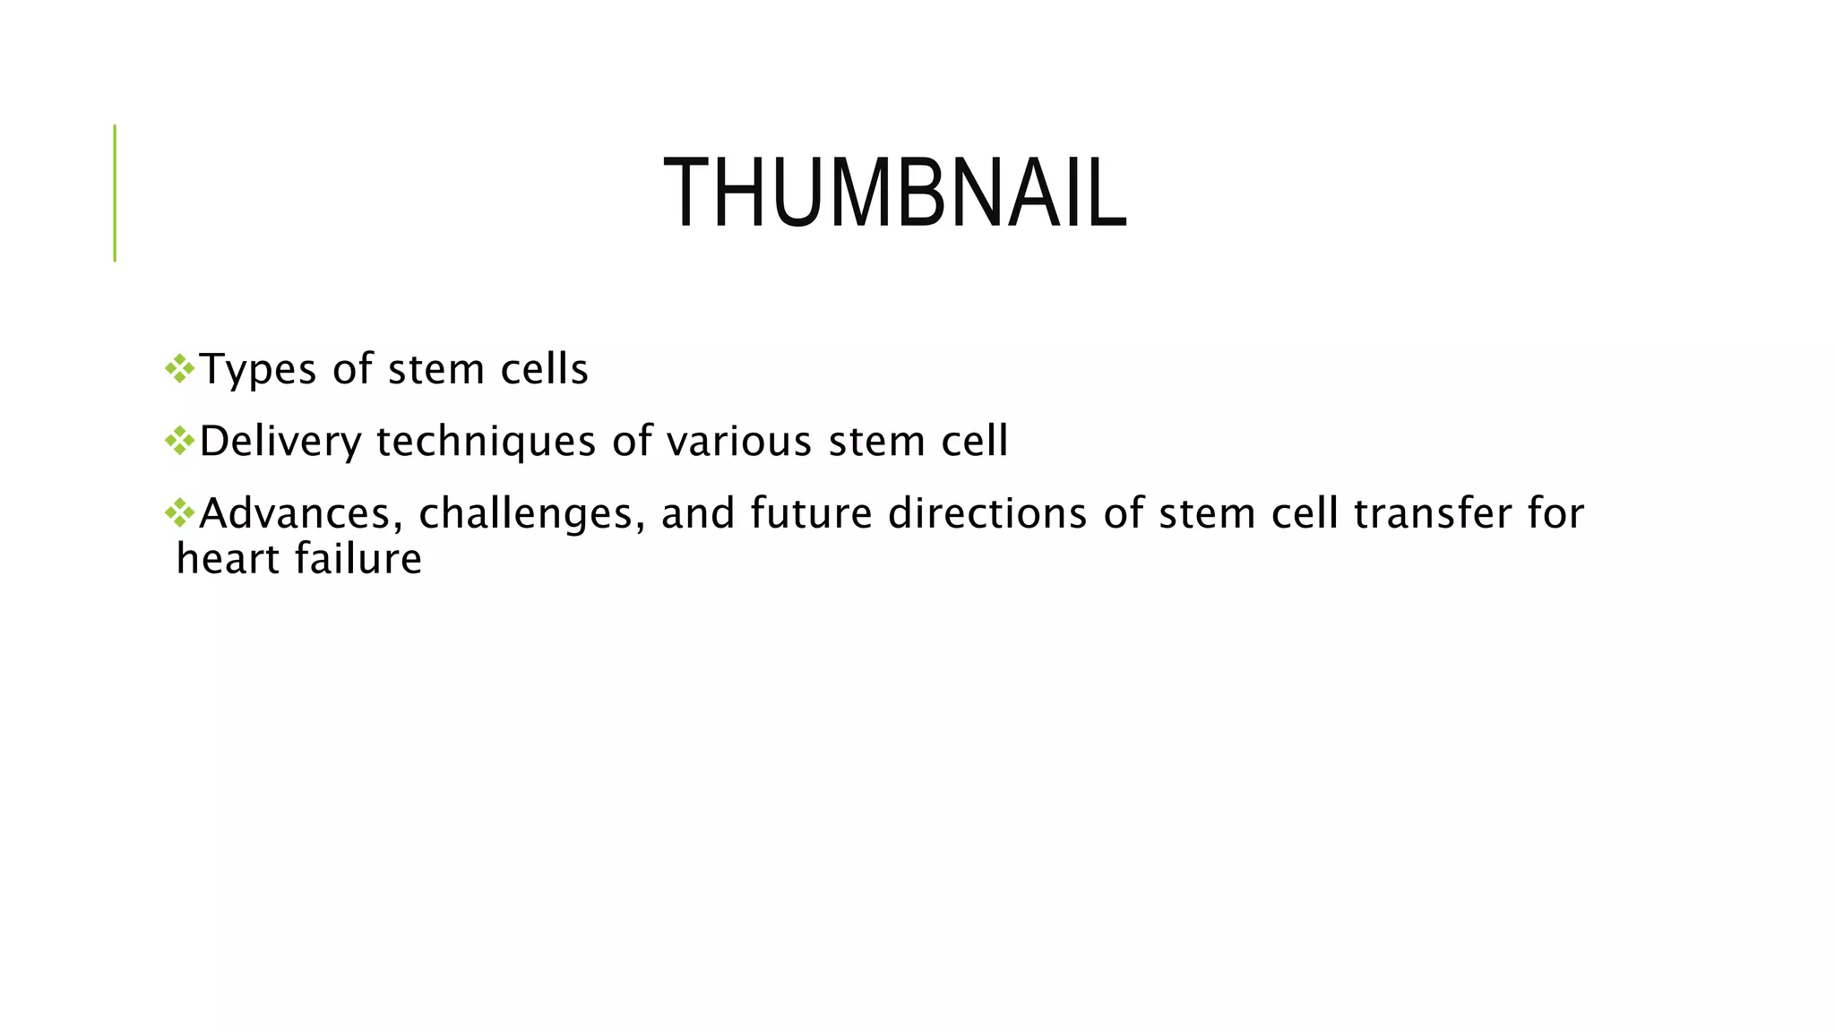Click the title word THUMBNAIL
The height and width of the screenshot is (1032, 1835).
(894, 193)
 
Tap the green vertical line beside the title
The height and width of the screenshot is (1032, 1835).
(115, 193)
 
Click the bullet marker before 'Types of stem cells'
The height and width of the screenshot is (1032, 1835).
(180, 368)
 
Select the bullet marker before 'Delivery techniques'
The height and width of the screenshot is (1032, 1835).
(180, 440)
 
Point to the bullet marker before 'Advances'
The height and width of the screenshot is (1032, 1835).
(180, 512)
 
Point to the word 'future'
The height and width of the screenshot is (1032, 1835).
(811, 514)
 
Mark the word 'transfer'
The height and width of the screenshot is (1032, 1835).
(1425, 514)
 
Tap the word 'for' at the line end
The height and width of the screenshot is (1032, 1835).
(1556, 514)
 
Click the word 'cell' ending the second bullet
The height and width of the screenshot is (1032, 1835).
(975, 442)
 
